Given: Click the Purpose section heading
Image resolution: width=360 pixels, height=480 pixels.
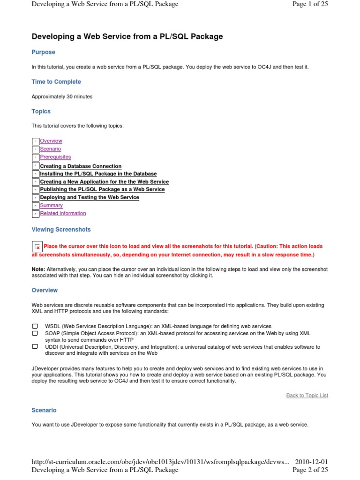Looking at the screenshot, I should coord(43,52).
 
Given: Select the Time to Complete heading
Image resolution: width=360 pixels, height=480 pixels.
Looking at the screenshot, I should coord(56,82).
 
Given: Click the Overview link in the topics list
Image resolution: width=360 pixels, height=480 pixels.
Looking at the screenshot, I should coord(51,141).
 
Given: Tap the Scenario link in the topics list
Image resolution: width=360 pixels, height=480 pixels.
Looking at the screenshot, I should coord(50,149).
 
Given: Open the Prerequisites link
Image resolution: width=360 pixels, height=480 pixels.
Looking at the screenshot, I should coord(55,157).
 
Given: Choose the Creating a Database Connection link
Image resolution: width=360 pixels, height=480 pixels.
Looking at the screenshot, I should coord(81,166).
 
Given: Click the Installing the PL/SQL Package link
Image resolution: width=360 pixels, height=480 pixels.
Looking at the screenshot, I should coord(98,173).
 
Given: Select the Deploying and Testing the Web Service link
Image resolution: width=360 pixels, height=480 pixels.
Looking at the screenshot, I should coord(89,197).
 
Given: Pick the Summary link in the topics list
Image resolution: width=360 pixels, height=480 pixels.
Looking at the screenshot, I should coord(51,205).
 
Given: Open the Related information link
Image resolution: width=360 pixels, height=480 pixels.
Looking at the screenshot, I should coord(63,213).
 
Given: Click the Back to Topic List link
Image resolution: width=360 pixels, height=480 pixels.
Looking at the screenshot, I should coord(307,395).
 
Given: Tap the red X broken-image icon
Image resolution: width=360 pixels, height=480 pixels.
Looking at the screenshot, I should coord(37,247).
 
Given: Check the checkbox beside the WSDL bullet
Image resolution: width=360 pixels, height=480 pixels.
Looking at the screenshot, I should coord(35,326).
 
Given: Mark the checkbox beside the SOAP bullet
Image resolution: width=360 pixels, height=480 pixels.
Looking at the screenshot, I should coord(35,333).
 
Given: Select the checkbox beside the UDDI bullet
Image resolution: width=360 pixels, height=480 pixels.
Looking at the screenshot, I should coord(35,346).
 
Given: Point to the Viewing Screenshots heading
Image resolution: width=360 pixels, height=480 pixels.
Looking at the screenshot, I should coord(61,230).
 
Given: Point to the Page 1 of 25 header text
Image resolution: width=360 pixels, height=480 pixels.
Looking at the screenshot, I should coord(310,4).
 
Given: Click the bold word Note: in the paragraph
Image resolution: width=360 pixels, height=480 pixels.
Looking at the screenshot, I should coord(38,269).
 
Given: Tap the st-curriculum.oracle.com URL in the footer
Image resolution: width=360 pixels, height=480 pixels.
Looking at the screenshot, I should coord(159,462).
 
